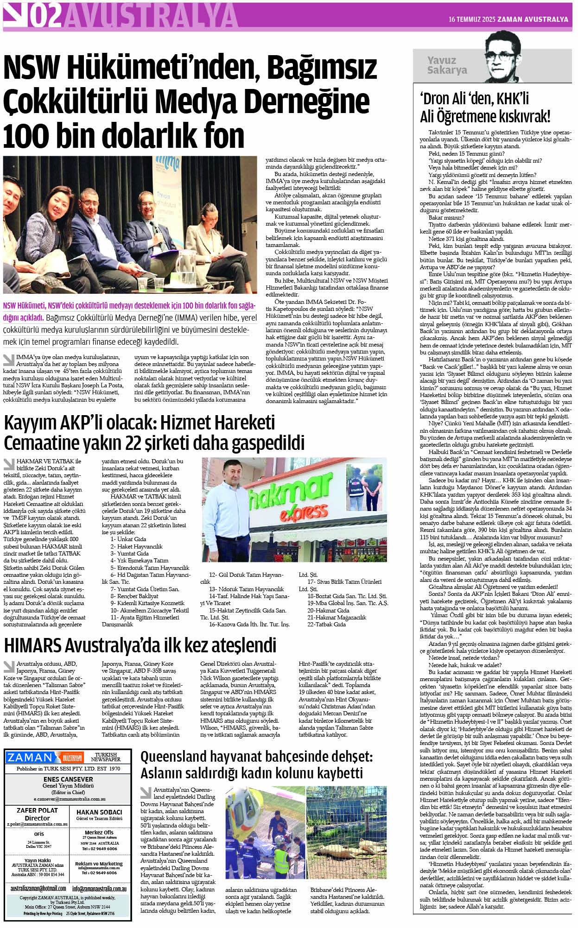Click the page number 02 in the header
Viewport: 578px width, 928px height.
point(45,16)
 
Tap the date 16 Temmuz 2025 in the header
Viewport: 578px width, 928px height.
point(472,19)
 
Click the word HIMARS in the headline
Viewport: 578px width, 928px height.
point(32,645)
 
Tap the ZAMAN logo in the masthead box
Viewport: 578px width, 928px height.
point(31,758)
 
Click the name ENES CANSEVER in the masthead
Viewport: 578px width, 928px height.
point(68,779)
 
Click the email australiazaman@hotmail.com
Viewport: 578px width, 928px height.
point(38,889)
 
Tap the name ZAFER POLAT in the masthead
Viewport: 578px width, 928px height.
point(37,810)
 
